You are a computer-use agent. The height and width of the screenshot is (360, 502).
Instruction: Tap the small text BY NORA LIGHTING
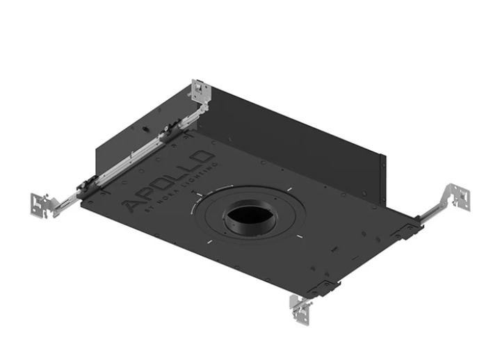pos(182,189)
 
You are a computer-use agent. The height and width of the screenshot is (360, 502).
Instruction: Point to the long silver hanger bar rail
pos(132,156)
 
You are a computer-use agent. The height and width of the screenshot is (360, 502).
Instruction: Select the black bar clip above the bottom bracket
pos(321,286)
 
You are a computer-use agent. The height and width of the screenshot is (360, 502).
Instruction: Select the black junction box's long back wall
pos(292,132)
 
